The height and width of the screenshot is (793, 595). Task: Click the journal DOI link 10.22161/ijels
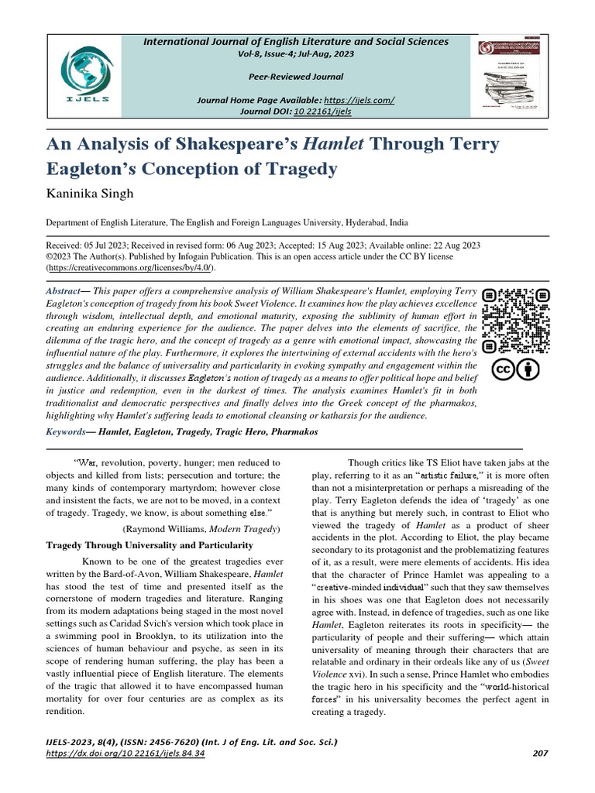pyautogui.click(x=324, y=112)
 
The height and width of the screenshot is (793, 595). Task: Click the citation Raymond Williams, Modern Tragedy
pyautogui.click(x=201, y=528)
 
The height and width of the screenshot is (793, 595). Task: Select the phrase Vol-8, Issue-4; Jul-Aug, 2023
pyautogui.click(x=295, y=53)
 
